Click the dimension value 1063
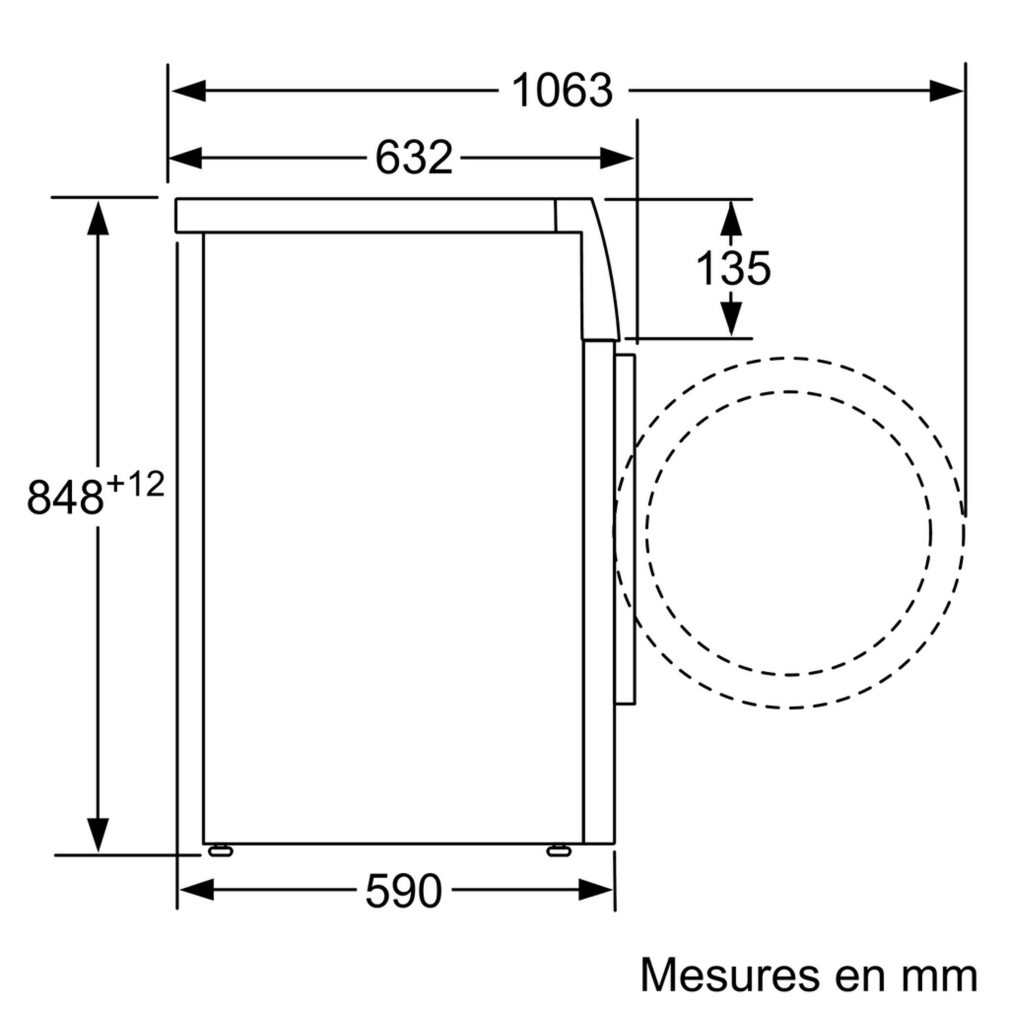562,91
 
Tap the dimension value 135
733,269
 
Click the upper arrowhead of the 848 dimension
98,219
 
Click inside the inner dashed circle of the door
789,533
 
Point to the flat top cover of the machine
366,215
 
